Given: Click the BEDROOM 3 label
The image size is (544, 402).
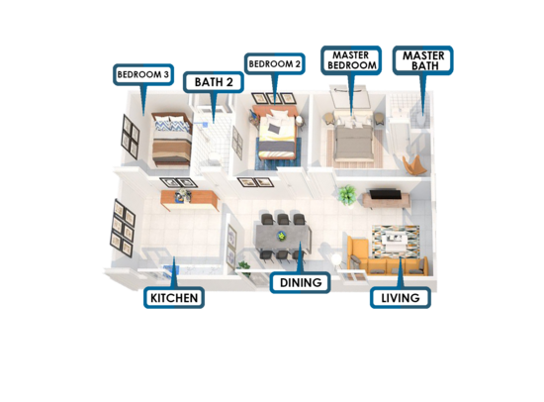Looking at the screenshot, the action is coord(143,74).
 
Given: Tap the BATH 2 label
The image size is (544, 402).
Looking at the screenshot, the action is coord(214,82).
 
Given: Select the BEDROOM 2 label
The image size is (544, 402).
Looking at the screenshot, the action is coord(274,64).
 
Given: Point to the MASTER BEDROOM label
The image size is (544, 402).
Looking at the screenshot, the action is coord(351,60).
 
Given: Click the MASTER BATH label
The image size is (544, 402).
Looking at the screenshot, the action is coord(423,60).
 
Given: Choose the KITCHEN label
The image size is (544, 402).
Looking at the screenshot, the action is coord(174,298).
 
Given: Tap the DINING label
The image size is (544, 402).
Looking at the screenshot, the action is coord(300,282).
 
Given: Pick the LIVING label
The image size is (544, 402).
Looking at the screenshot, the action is coord(401,298).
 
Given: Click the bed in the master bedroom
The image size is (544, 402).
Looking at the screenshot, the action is coord(352,141).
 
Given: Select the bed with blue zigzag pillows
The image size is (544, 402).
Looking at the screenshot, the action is coord(171,140).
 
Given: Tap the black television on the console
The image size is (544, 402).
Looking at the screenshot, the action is coord(384,194).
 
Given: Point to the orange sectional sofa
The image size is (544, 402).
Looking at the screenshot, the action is coord(385,257).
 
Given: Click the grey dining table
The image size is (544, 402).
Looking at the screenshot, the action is coord(283,238).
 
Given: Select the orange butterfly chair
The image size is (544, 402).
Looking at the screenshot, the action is coord(414,165).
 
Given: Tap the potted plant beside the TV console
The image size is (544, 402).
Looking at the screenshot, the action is coord(347,195).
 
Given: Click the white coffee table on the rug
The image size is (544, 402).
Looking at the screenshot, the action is coord(396,242).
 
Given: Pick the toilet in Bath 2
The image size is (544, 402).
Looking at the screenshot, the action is coord(214,158).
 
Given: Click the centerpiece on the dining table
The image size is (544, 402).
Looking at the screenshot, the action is coord(281,236).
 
